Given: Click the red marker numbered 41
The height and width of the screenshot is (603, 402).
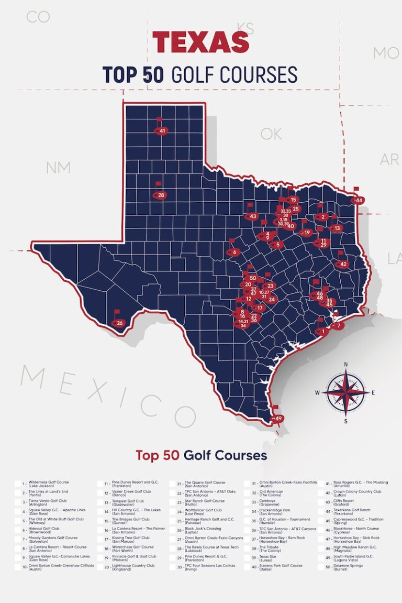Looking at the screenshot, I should point(162,130).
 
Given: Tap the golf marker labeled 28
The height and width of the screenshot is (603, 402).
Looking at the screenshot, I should point(160,195).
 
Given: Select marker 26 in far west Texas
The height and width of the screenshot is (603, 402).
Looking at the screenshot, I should point(119,323).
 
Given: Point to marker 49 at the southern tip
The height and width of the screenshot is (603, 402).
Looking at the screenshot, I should point(278,419).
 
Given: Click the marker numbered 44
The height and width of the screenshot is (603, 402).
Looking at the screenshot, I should point(359,201).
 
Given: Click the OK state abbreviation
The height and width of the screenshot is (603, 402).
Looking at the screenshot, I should point(271,134).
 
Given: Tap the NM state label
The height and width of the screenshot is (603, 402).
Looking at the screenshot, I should point(58,168).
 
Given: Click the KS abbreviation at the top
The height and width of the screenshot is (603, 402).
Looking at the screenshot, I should point(245,27).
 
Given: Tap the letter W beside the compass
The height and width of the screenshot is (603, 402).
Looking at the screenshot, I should point(317,392).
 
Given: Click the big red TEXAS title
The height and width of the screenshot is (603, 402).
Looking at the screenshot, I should point(200,42).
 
